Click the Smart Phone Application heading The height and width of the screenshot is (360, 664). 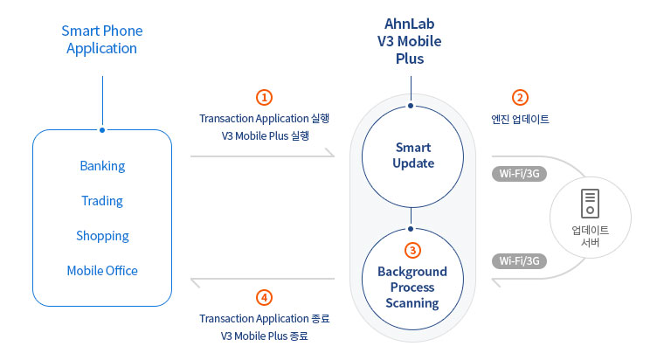[x=102, y=39]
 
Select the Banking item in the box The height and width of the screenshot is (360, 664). [x=102, y=166]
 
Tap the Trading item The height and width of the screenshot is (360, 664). [x=102, y=201]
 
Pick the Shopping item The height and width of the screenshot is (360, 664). [x=102, y=236]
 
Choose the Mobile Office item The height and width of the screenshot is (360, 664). [x=102, y=271]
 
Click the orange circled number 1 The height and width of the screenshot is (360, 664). [x=265, y=97]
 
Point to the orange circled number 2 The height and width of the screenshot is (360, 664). [x=520, y=97]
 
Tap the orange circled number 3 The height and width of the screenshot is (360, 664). [x=413, y=250]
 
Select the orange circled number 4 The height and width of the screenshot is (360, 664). [x=265, y=296]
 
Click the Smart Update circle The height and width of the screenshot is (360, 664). [x=413, y=156]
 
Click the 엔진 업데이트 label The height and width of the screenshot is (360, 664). [x=521, y=119]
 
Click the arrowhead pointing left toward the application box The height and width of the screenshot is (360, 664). [x=196, y=279]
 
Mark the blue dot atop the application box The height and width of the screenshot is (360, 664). [x=102, y=130]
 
